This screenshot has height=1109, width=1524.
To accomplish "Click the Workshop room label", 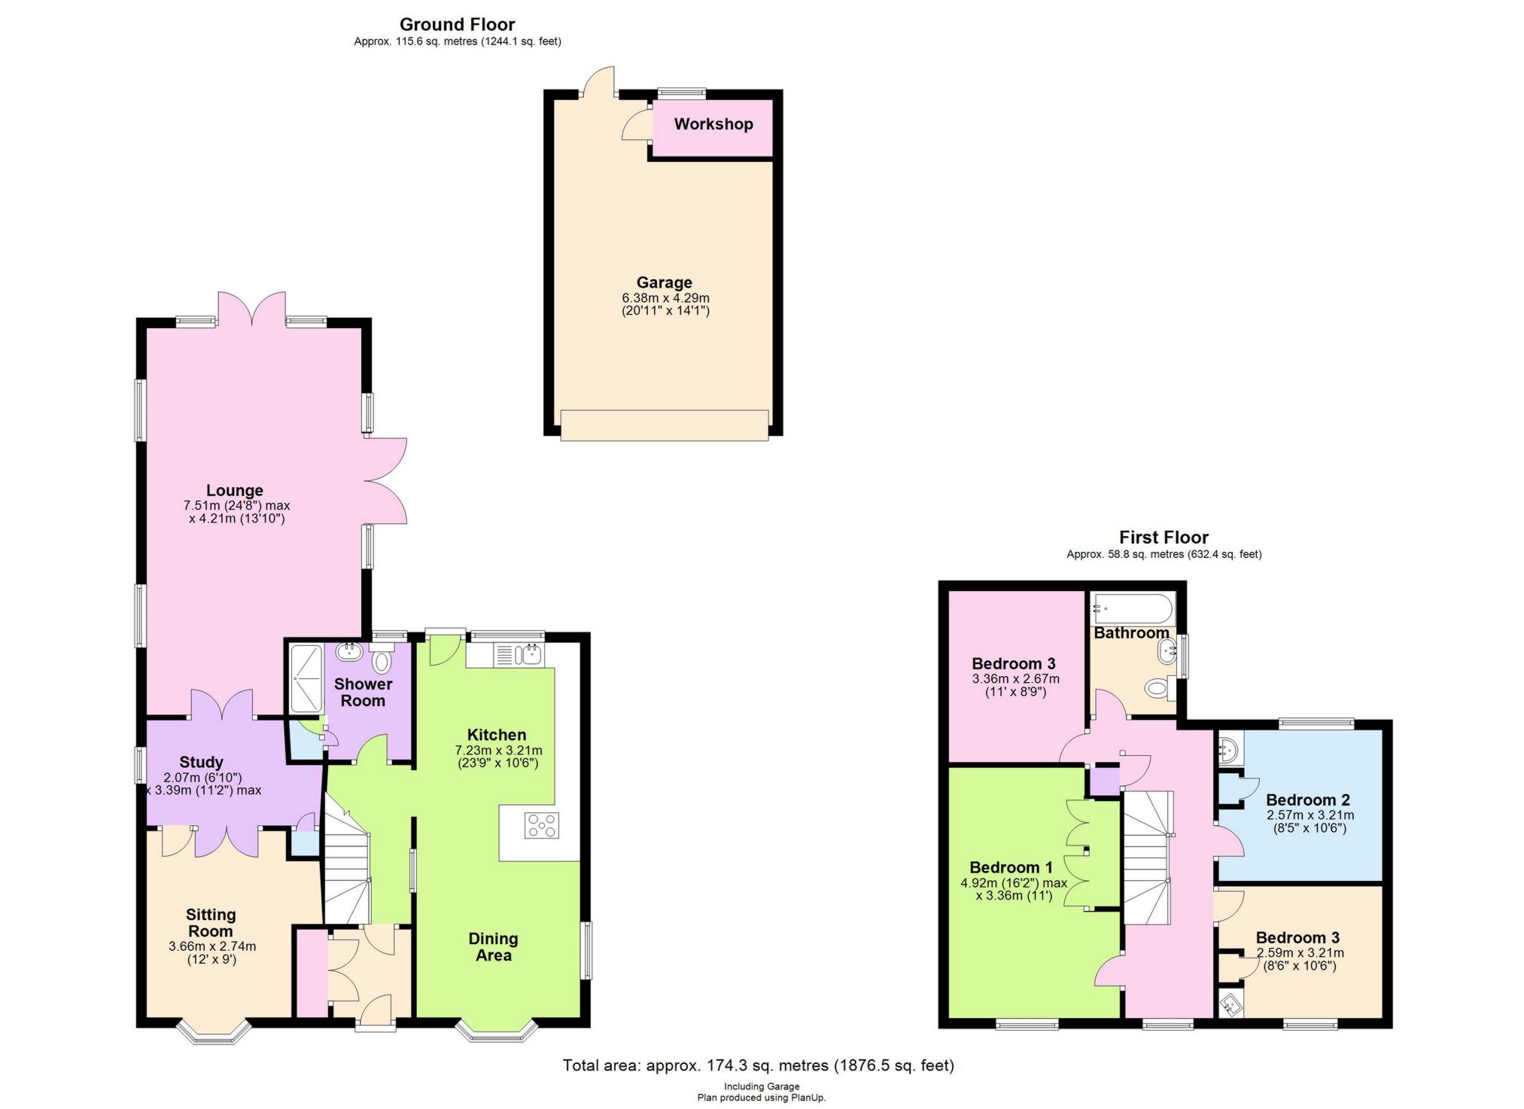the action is pos(713,124).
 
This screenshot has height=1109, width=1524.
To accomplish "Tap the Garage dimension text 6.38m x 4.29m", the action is pos(665,298).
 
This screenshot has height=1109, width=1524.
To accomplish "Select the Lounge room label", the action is pos(235,491).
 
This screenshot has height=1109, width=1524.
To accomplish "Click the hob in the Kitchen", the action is pos(542,825).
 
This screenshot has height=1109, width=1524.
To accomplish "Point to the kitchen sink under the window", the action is pos(519,654).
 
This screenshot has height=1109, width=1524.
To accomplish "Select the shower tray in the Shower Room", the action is pos(306,678).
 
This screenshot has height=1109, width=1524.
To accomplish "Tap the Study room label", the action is pos(201,762).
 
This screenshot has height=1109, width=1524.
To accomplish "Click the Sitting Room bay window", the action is pos(213,1032).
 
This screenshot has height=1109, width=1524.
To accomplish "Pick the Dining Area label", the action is pos(494,947).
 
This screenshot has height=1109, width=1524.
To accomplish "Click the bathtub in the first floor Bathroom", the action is pos(1133,608).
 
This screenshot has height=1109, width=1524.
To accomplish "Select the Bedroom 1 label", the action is pos(1011,867).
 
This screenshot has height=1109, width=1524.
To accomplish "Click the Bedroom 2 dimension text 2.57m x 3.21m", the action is pos(1310,815).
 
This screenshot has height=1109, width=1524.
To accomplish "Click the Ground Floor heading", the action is pos(458,25).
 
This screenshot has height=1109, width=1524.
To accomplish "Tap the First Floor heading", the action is pos(1164,538).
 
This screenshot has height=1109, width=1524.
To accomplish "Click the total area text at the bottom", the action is pos(759,1065).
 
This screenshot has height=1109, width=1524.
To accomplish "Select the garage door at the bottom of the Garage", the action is pos(665,425).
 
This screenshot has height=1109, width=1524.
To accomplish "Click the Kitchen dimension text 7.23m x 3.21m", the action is pos(499,751).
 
